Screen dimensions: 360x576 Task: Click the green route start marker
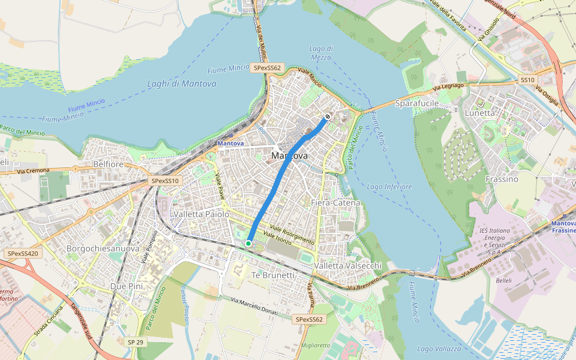[248, 243]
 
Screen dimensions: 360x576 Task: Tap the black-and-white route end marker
[328, 116]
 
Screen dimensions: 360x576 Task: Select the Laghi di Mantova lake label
[182, 84]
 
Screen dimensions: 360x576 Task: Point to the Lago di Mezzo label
[322, 53]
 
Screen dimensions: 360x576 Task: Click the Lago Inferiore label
[389, 187]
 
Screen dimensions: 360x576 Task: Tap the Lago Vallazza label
[439, 349]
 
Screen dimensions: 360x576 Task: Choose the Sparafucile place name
[417, 104]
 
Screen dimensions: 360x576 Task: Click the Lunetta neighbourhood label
[480, 113]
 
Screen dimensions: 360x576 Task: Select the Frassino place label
[502, 179]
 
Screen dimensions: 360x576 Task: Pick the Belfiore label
[108, 164]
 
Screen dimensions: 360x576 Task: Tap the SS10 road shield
[527, 80]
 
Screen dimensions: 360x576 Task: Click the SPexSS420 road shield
[23, 254]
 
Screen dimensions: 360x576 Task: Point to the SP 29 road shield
[136, 341]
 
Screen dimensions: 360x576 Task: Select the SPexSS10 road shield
[166, 181]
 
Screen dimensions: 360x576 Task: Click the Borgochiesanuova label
[103, 248]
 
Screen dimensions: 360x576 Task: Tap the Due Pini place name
[127, 286]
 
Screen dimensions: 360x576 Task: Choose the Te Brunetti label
[273, 275]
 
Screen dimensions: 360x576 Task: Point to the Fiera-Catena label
[335, 203]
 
